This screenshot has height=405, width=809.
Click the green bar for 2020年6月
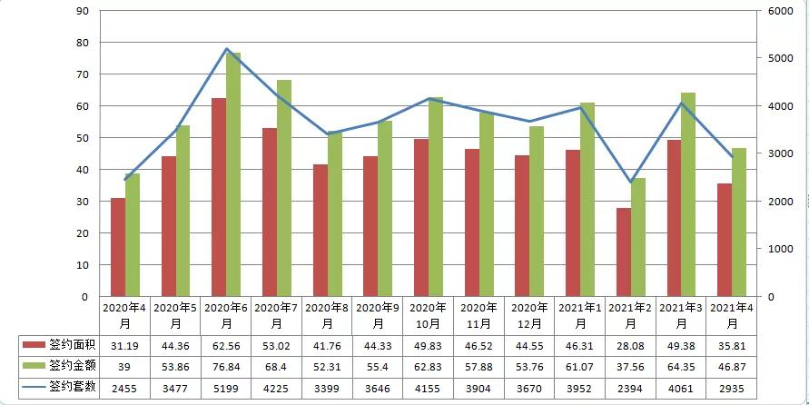233,174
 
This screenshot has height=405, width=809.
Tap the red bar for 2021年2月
623,252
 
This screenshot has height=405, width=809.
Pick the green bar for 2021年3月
688,194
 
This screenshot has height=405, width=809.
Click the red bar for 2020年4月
118,247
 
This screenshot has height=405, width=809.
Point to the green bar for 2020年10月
436,196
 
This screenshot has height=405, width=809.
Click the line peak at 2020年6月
226,49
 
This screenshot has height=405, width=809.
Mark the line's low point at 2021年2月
630,183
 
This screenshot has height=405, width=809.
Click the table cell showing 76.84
226,366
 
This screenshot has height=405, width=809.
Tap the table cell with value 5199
226,387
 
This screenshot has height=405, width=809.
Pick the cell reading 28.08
630,345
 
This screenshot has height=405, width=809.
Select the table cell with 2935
731,387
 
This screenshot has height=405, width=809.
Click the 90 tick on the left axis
82,11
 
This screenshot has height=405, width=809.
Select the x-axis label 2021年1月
579,315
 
